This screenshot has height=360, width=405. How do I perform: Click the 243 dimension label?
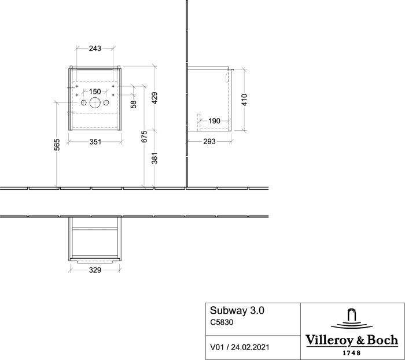point(95,48)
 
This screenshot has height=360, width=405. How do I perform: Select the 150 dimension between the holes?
point(95,91)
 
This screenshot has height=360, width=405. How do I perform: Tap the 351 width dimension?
point(95,142)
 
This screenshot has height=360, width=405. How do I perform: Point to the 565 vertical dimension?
point(57,145)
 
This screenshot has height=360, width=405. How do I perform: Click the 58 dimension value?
point(133,104)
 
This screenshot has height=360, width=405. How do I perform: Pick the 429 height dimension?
point(154,98)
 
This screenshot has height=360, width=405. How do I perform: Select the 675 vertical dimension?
point(145,136)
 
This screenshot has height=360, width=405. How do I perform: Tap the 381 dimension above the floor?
point(154,158)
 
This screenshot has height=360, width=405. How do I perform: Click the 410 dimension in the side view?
point(244,100)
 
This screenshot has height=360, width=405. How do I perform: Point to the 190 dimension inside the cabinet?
point(214,121)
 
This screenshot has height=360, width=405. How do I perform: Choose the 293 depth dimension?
point(209,141)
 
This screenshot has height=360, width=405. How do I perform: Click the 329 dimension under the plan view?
point(95,270)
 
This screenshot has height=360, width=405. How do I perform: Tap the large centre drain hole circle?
point(95,103)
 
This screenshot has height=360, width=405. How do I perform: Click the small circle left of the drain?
point(84,103)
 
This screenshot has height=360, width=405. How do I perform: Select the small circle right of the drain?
point(106,103)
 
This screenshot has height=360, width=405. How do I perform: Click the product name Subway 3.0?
point(237,310)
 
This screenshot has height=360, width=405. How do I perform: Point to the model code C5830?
point(222,322)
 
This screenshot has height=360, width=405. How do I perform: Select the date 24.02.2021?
point(250,347)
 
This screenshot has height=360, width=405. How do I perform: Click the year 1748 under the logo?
point(351,352)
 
